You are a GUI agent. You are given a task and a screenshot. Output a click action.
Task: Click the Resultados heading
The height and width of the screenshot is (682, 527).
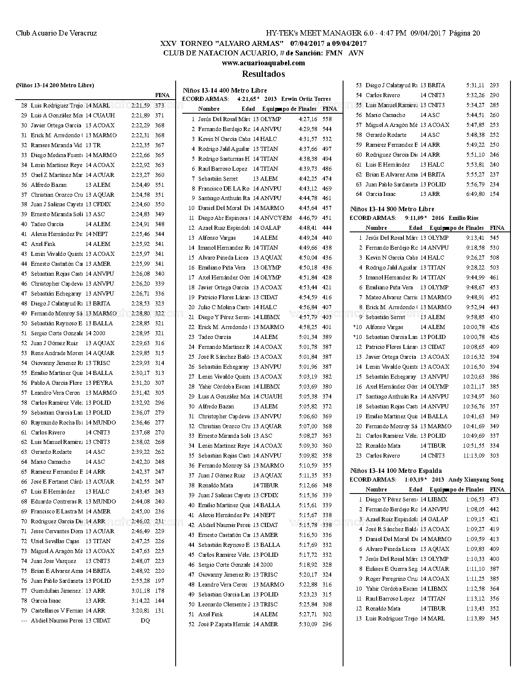click(x=263, y=74)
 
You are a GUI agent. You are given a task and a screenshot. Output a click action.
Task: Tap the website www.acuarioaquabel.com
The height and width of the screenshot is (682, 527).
click(x=263, y=63)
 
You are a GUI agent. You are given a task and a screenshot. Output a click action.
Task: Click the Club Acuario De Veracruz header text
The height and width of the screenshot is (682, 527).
click(x=56, y=33)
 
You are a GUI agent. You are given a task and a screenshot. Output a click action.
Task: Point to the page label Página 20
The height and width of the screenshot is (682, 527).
click(x=465, y=33)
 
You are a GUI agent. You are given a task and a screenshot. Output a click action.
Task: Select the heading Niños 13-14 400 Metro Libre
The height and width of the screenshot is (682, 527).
click(x=225, y=91)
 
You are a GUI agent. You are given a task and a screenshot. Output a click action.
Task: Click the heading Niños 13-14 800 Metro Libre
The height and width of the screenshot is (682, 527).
click(x=392, y=209)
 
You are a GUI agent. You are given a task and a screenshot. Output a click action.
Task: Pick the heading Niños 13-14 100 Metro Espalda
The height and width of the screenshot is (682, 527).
click(x=396, y=471)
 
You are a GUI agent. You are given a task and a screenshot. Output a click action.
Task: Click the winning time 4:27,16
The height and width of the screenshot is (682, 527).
click(x=308, y=119)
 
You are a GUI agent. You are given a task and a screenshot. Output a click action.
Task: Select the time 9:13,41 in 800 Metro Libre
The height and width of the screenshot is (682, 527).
click(x=475, y=238)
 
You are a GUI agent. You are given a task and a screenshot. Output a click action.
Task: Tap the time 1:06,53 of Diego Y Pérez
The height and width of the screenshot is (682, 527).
click(x=475, y=499)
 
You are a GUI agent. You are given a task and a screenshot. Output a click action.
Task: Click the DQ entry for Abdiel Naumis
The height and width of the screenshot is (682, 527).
click(x=145, y=620)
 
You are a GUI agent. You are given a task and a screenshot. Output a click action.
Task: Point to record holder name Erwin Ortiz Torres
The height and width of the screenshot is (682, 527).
click(x=306, y=99)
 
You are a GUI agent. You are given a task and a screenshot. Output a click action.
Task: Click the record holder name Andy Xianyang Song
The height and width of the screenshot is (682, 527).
click(x=476, y=480)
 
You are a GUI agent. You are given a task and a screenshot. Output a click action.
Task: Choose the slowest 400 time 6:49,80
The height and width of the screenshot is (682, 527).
click(x=475, y=194)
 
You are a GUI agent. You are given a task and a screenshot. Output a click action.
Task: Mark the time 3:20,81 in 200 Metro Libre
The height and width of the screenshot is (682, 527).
click(x=141, y=610)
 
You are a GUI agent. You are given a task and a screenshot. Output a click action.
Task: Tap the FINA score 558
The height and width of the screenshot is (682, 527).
click(x=327, y=119)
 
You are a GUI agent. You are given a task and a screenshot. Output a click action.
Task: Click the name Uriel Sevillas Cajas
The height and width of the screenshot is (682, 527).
click(x=55, y=541)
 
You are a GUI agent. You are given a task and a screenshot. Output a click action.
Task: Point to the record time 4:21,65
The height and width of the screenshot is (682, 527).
click(x=247, y=99)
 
